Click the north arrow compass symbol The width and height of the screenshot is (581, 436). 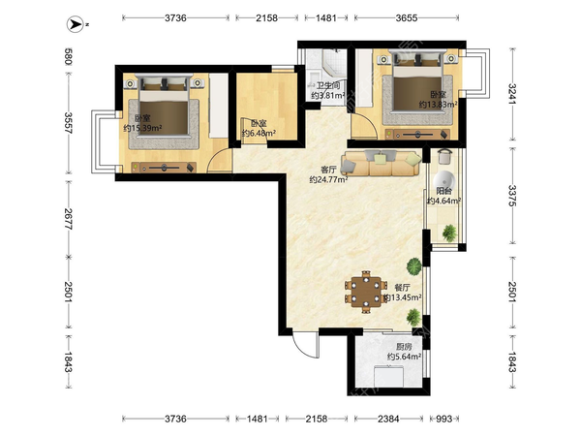76,24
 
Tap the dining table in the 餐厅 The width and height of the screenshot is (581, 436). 366,292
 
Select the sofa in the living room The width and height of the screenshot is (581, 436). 382,163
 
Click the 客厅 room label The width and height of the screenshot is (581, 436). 328,170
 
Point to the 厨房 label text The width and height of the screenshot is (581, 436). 404,347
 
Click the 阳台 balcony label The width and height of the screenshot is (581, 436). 443,191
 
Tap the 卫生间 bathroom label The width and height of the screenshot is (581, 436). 327,85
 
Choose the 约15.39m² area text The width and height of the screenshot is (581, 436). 142,128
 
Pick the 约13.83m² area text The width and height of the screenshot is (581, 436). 438,105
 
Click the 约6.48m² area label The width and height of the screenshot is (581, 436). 259,133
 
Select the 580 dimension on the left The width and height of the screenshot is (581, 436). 68,56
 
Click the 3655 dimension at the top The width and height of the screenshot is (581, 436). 407,17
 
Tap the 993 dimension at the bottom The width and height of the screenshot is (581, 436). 443,419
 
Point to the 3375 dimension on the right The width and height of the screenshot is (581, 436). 512,196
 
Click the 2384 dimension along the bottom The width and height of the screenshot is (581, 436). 388,419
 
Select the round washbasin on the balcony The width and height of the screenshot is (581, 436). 443,180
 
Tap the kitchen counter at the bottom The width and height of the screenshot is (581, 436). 388,376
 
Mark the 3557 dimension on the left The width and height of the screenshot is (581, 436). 68,123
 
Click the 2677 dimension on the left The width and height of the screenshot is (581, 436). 68,219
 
